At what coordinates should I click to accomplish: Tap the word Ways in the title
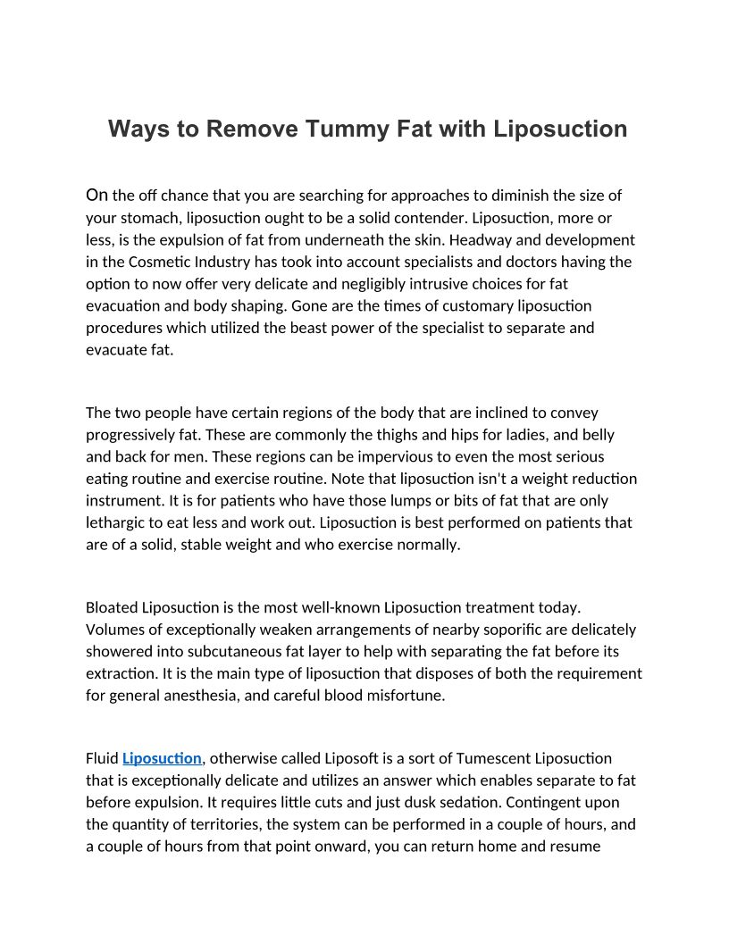coord(137,129)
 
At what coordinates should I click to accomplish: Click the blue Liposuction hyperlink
coord(162,758)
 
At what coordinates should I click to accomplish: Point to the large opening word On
coord(97,195)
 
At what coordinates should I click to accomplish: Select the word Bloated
coord(112,608)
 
